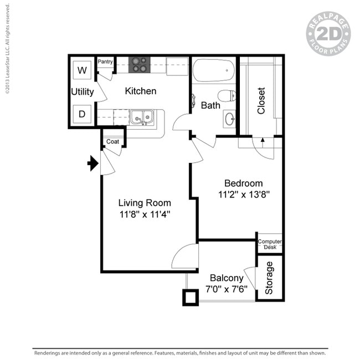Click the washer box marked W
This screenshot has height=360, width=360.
(x=83, y=70)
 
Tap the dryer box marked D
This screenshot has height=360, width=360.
(x=83, y=115)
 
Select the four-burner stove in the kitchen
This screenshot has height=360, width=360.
(x=139, y=65)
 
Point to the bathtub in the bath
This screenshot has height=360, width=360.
(x=213, y=70)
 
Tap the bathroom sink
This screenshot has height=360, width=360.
(x=229, y=118)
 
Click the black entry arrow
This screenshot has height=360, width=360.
(x=92, y=163)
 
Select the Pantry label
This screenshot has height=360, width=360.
(x=105, y=62)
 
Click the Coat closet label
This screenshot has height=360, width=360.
(x=112, y=142)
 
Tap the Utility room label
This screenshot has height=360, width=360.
(x=83, y=92)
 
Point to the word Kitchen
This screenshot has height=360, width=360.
(x=140, y=91)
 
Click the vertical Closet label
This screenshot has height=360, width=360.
(x=261, y=100)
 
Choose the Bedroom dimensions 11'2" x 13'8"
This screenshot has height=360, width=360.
(x=244, y=194)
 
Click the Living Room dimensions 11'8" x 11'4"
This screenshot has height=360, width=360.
(x=145, y=214)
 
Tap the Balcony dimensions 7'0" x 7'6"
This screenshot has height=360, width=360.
(x=227, y=289)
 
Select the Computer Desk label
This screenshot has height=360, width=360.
(x=270, y=244)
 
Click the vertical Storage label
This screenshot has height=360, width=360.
(x=269, y=277)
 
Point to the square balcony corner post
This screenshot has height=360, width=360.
(x=191, y=297)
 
